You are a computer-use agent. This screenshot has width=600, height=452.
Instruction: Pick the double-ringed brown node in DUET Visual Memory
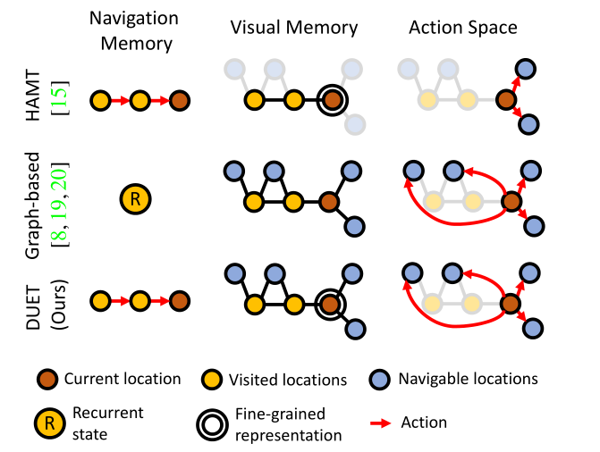[331, 303]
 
